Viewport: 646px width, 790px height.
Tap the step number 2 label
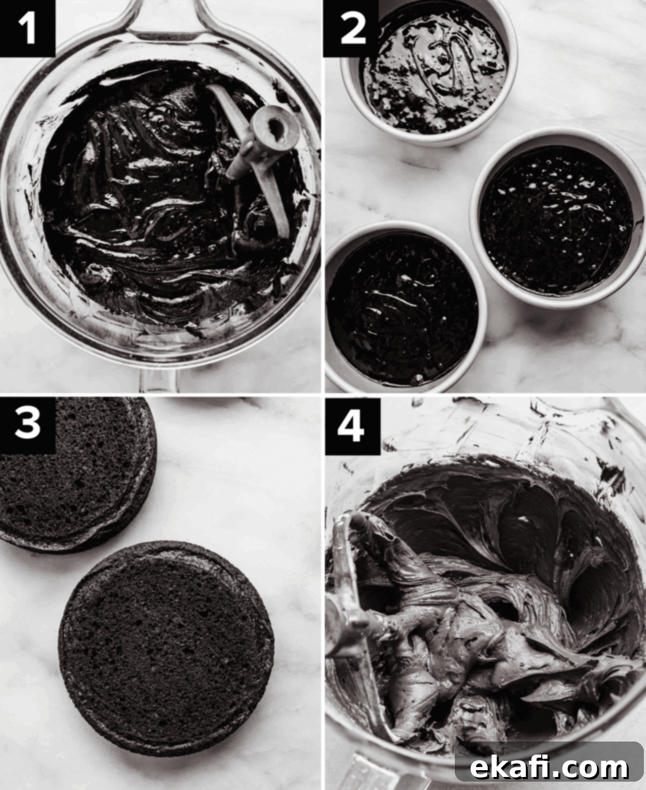tap(351, 28)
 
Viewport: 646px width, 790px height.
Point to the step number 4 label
tap(352, 426)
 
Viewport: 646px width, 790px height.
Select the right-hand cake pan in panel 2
tap(557, 219)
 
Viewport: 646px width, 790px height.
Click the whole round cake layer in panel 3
tap(166, 653)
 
